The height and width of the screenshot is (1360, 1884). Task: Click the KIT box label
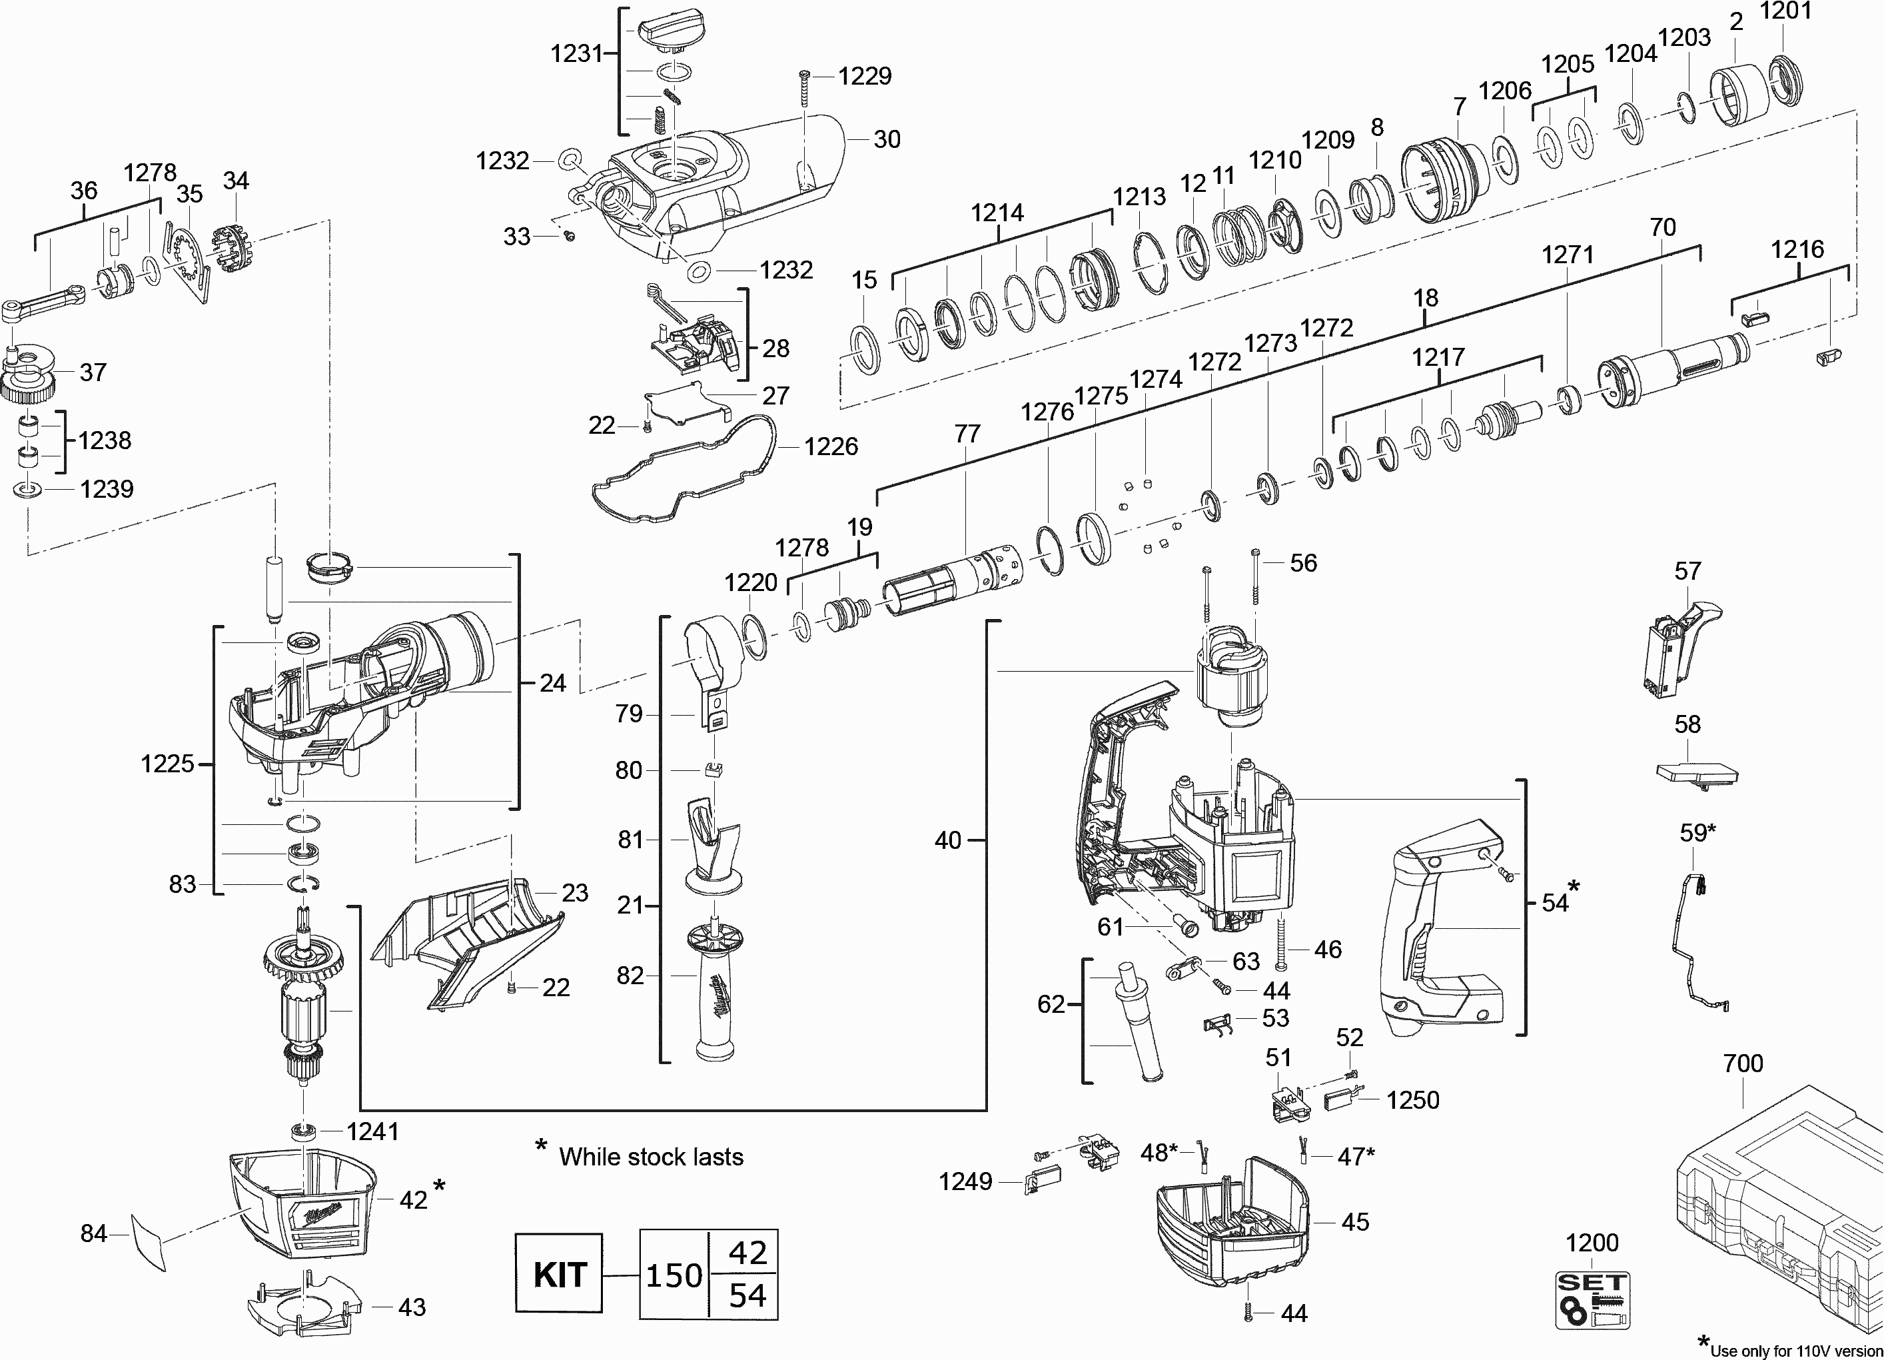click(x=558, y=1273)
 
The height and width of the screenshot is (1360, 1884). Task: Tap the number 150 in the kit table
click(x=674, y=1275)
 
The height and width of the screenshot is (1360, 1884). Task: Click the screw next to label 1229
click(x=804, y=88)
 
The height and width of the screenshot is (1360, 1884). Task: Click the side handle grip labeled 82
click(x=714, y=997)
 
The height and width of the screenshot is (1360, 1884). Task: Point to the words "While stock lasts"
click(x=650, y=1157)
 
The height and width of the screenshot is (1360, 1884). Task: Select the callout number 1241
click(x=372, y=1131)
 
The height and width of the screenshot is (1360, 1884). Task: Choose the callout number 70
click(x=1661, y=227)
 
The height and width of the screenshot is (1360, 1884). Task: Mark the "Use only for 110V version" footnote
click(x=1794, y=1351)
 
